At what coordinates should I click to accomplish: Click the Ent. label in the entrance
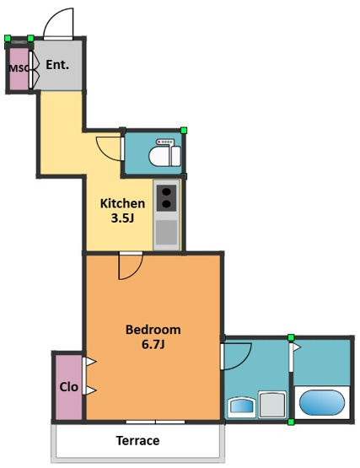57,65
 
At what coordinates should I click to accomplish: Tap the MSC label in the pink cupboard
19,68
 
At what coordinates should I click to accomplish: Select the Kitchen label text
123,203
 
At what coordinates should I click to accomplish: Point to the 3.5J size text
122,218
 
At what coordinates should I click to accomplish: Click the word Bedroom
153,330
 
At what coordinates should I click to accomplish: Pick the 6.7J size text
153,344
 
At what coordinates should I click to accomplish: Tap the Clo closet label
68,387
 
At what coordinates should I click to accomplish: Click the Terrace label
137,440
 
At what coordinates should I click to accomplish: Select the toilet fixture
164,153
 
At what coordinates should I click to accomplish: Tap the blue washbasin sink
242,406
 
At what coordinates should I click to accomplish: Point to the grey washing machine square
272,404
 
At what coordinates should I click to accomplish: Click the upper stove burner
167,191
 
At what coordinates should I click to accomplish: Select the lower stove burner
167,204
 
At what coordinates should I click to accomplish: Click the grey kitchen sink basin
167,233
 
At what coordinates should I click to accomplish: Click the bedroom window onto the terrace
155,422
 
